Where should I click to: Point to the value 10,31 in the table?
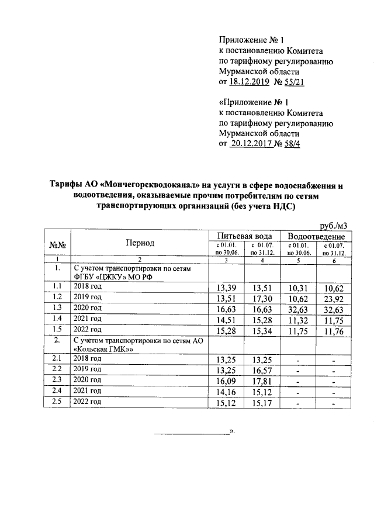click(299, 287)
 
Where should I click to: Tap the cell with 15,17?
click(262, 403)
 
